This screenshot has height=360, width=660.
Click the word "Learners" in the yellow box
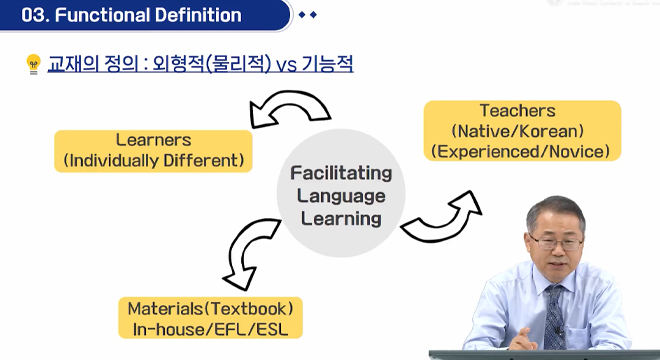[153, 140]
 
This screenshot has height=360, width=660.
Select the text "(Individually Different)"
[153, 160]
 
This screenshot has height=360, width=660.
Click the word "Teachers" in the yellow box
[517, 111]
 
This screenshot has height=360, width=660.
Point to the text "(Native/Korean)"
[517, 131]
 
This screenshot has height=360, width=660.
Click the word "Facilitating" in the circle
[341, 173]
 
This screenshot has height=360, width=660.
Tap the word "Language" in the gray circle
[341, 195]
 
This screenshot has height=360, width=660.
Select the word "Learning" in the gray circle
[341, 217]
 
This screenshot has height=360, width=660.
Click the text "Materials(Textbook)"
[216, 307]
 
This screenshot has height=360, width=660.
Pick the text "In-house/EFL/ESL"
[216, 327]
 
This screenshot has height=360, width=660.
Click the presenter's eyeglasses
[549, 240]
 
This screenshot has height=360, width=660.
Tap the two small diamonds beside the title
[307, 15]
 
